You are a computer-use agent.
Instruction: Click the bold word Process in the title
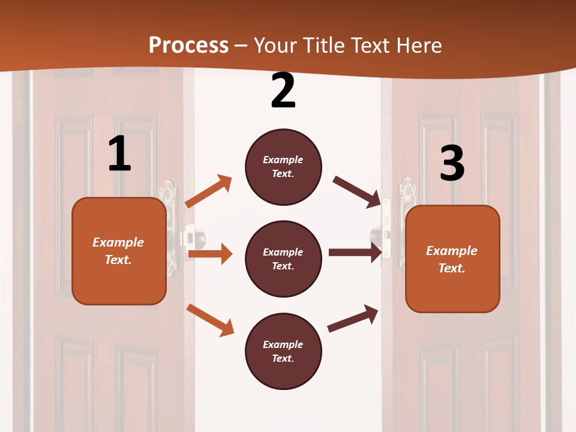pyautogui.click(x=188, y=45)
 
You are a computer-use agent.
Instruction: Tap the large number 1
pyautogui.click(x=119, y=154)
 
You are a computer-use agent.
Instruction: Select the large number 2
pyautogui.click(x=283, y=91)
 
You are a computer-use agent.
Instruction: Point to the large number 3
pyautogui.click(x=452, y=164)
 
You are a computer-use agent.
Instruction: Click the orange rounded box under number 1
pyautogui.click(x=119, y=251)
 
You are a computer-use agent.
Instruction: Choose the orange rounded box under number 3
pyautogui.click(x=452, y=259)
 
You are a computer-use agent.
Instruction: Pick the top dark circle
pyautogui.click(x=283, y=167)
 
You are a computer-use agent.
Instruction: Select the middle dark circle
pyautogui.click(x=283, y=259)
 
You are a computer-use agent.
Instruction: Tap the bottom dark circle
pyautogui.click(x=283, y=351)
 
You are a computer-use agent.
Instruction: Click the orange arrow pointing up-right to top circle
pyautogui.click(x=209, y=191)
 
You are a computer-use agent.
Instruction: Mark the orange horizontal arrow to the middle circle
pyautogui.click(x=210, y=254)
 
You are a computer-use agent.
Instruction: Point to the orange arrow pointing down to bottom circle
pyautogui.click(x=211, y=320)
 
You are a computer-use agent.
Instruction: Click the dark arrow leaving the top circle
pyautogui.click(x=358, y=191)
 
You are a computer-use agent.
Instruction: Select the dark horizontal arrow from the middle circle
pyautogui.click(x=355, y=252)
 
